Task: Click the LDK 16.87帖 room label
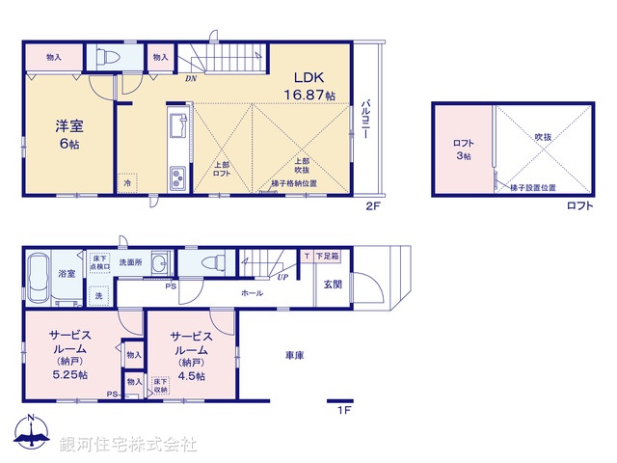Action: click(308, 86)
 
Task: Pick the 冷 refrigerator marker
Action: click(128, 181)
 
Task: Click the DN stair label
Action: click(192, 80)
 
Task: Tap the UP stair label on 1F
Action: click(282, 276)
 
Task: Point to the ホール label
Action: click(253, 292)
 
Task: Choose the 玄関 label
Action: click(332, 284)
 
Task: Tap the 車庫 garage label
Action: click(294, 356)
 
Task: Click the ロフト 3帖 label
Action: click(463, 149)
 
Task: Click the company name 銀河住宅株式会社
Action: click(128, 445)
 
